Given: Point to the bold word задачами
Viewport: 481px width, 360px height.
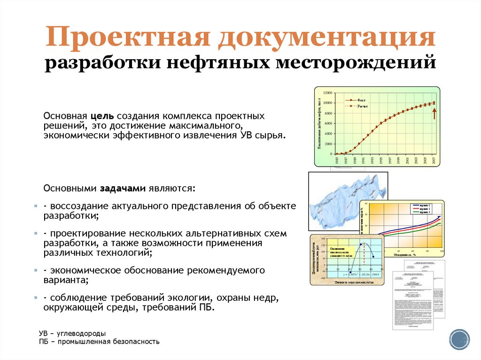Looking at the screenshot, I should click(x=123, y=188).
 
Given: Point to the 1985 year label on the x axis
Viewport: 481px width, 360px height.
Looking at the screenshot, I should click(x=337, y=161).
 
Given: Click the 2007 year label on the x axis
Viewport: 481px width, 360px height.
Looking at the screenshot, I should click(x=434, y=161).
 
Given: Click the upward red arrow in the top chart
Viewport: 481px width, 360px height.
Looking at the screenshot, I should click(x=434, y=113).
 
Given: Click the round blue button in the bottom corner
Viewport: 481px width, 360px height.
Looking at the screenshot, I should click(x=459, y=339).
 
